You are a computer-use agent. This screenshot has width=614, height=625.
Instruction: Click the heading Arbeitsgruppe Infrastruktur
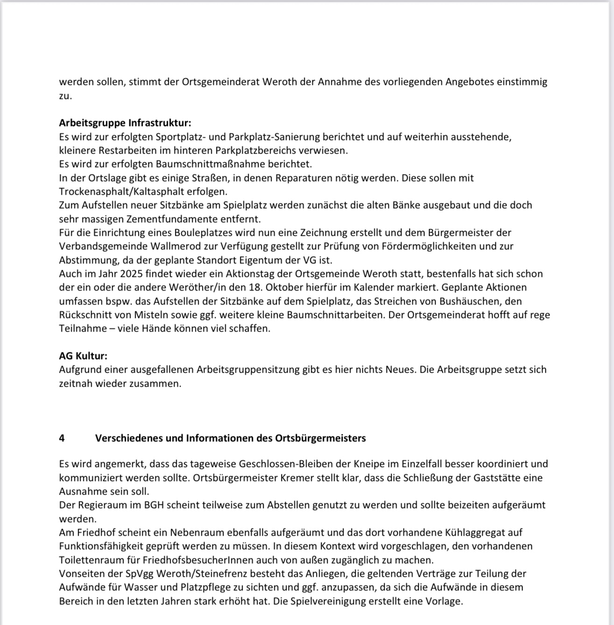(x=125, y=123)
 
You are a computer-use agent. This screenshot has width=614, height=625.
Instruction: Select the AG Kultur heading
(x=83, y=356)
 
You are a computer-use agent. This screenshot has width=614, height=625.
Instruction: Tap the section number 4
(x=62, y=438)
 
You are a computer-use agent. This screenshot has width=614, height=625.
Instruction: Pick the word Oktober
(x=262, y=287)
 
